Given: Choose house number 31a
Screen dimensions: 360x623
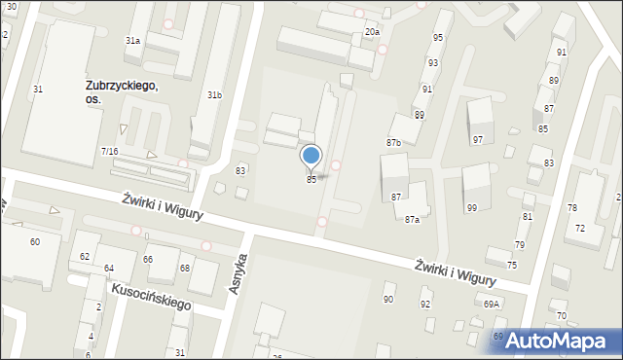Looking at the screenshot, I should (x=132, y=40).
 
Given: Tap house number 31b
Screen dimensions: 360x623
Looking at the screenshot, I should (x=214, y=94).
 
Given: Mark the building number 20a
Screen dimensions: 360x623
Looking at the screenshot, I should (x=372, y=32).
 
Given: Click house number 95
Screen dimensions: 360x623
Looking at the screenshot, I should (x=437, y=38).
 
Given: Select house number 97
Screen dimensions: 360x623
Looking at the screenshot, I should (x=477, y=140).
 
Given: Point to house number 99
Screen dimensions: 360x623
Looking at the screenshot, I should (x=472, y=208).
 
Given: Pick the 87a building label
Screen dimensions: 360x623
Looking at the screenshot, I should (x=413, y=220).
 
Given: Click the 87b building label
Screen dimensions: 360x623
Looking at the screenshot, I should (x=393, y=143).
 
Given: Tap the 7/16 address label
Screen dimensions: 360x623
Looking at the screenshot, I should (x=109, y=152).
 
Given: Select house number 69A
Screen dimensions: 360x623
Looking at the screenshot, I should (x=491, y=304).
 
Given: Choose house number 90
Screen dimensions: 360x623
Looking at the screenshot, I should (x=387, y=299).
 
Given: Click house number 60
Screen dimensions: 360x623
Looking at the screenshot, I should (x=35, y=241).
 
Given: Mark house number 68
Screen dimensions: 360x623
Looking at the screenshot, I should (x=185, y=268).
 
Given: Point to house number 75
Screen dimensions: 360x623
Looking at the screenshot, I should (x=511, y=266).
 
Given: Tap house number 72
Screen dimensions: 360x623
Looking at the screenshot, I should (x=580, y=228).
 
